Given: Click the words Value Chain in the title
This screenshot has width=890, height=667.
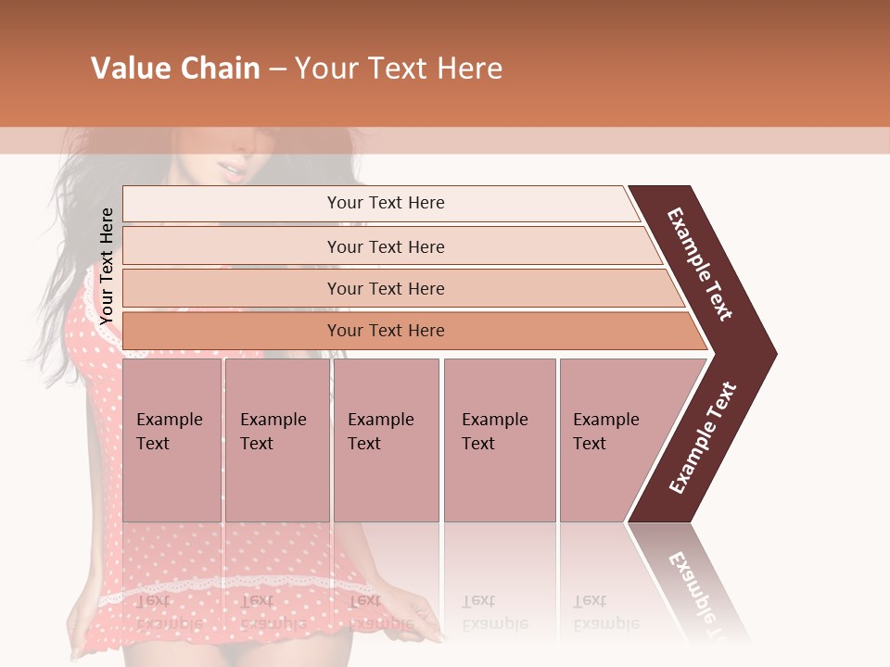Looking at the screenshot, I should tap(175, 69).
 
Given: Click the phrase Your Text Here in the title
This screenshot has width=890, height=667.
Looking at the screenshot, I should tap(399, 69).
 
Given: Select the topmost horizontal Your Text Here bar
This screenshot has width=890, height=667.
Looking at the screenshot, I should tap(386, 203).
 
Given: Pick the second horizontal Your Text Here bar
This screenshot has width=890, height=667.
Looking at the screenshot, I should tap(386, 246).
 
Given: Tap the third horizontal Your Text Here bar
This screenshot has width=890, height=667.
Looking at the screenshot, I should tap(386, 288).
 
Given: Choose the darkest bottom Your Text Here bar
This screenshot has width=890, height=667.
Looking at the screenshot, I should tap(386, 331).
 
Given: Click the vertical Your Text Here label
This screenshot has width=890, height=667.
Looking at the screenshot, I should tap(107, 266).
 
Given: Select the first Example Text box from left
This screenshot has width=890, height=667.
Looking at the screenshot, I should tap(171, 439).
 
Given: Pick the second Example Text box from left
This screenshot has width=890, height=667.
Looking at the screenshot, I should tap(275, 439).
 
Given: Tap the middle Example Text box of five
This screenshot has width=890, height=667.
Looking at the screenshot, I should tap(385, 439).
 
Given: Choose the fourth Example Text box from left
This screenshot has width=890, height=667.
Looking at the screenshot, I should tap(499, 439).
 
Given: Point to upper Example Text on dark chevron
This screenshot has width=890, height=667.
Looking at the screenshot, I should tap(700, 264).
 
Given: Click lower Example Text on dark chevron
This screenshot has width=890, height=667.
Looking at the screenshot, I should tap(703, 437).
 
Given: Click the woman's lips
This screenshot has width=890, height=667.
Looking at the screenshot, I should tap(231, 169).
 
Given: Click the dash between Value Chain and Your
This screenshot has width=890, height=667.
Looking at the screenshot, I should tap(277, 69).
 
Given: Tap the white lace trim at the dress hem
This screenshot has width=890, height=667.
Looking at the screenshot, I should tap(232, 589).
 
